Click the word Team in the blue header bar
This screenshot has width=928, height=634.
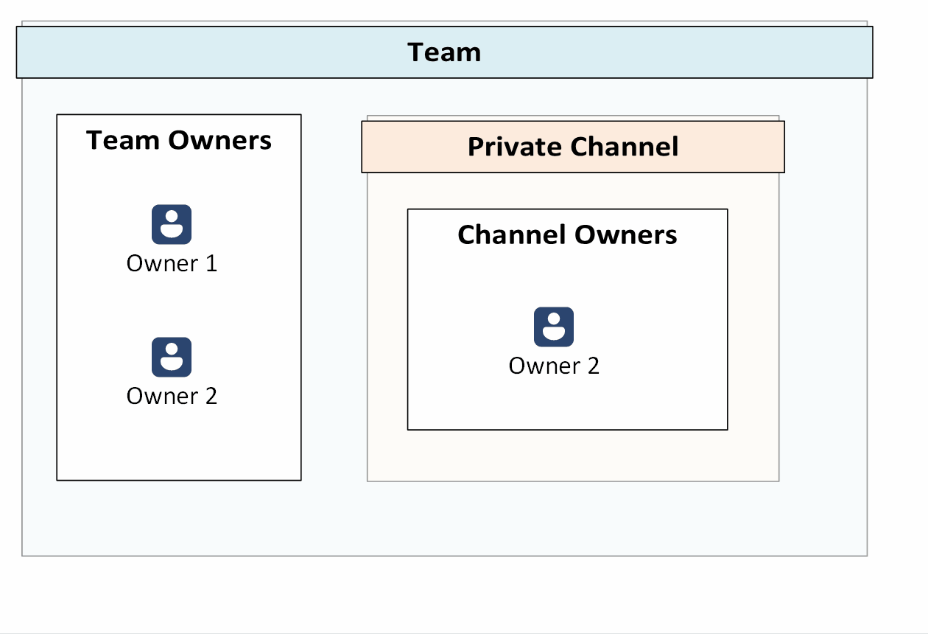pos(444,52)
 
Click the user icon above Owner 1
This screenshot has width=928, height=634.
pos(172,224)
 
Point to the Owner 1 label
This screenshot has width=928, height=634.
pos(172,263)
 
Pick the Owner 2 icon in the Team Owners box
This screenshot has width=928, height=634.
pos(172,357)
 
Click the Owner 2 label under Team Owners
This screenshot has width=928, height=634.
pos(172,396)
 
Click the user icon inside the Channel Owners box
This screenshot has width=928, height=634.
pos(554,327)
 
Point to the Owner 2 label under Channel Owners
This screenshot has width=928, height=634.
pos(554,366)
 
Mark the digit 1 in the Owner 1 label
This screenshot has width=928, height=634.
pos(211,263)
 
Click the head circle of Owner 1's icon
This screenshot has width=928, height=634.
pos(172,217)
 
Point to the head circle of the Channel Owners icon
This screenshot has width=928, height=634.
pos(554,319)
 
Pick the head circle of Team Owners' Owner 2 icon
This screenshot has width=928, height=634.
pos(172,349)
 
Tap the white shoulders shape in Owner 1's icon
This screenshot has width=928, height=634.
pos(172,231)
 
